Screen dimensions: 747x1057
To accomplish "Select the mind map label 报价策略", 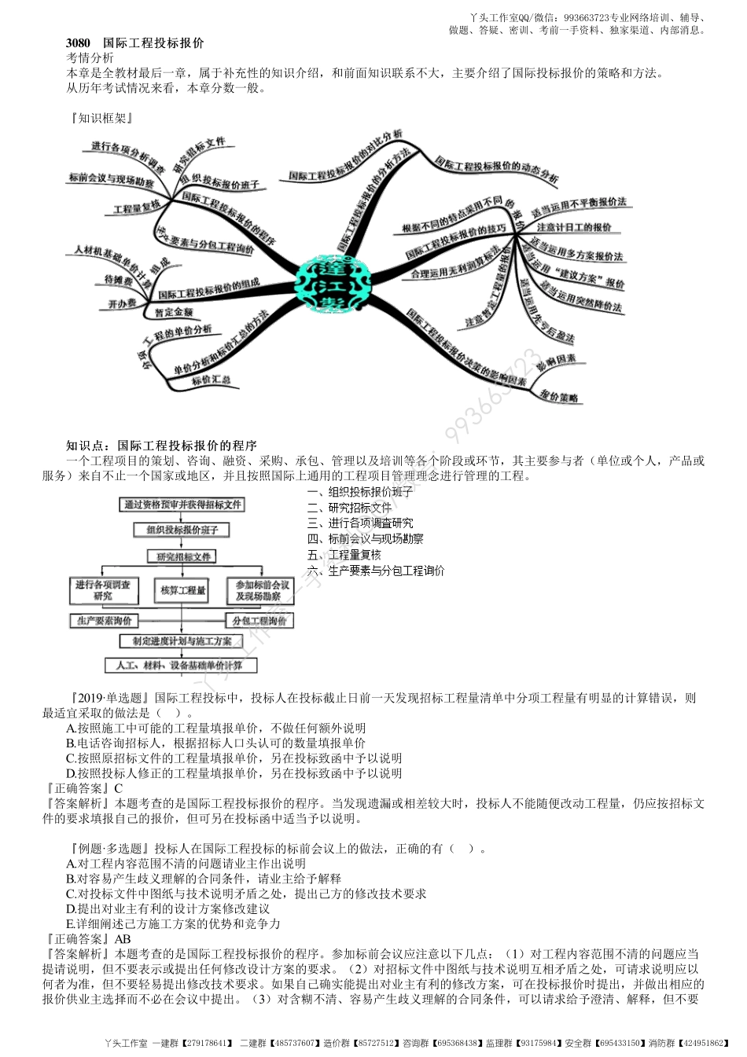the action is (x=559, y=398).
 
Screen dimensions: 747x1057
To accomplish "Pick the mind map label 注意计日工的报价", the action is (x=574, y=227).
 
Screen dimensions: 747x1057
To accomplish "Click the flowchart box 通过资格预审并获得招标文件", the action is (x=182, y=505).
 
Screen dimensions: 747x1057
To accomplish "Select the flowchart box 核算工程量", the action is (x=182, y=590).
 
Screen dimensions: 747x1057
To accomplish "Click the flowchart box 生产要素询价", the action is (x=104, y=621).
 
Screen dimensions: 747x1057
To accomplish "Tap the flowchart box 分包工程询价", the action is (x=259, y=621).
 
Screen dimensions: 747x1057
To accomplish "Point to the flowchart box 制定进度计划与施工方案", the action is (x=182, y=641).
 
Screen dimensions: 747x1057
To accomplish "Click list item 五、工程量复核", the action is (x=344, y=555).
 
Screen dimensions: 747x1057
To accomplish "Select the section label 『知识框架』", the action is (x=101, y=118).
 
